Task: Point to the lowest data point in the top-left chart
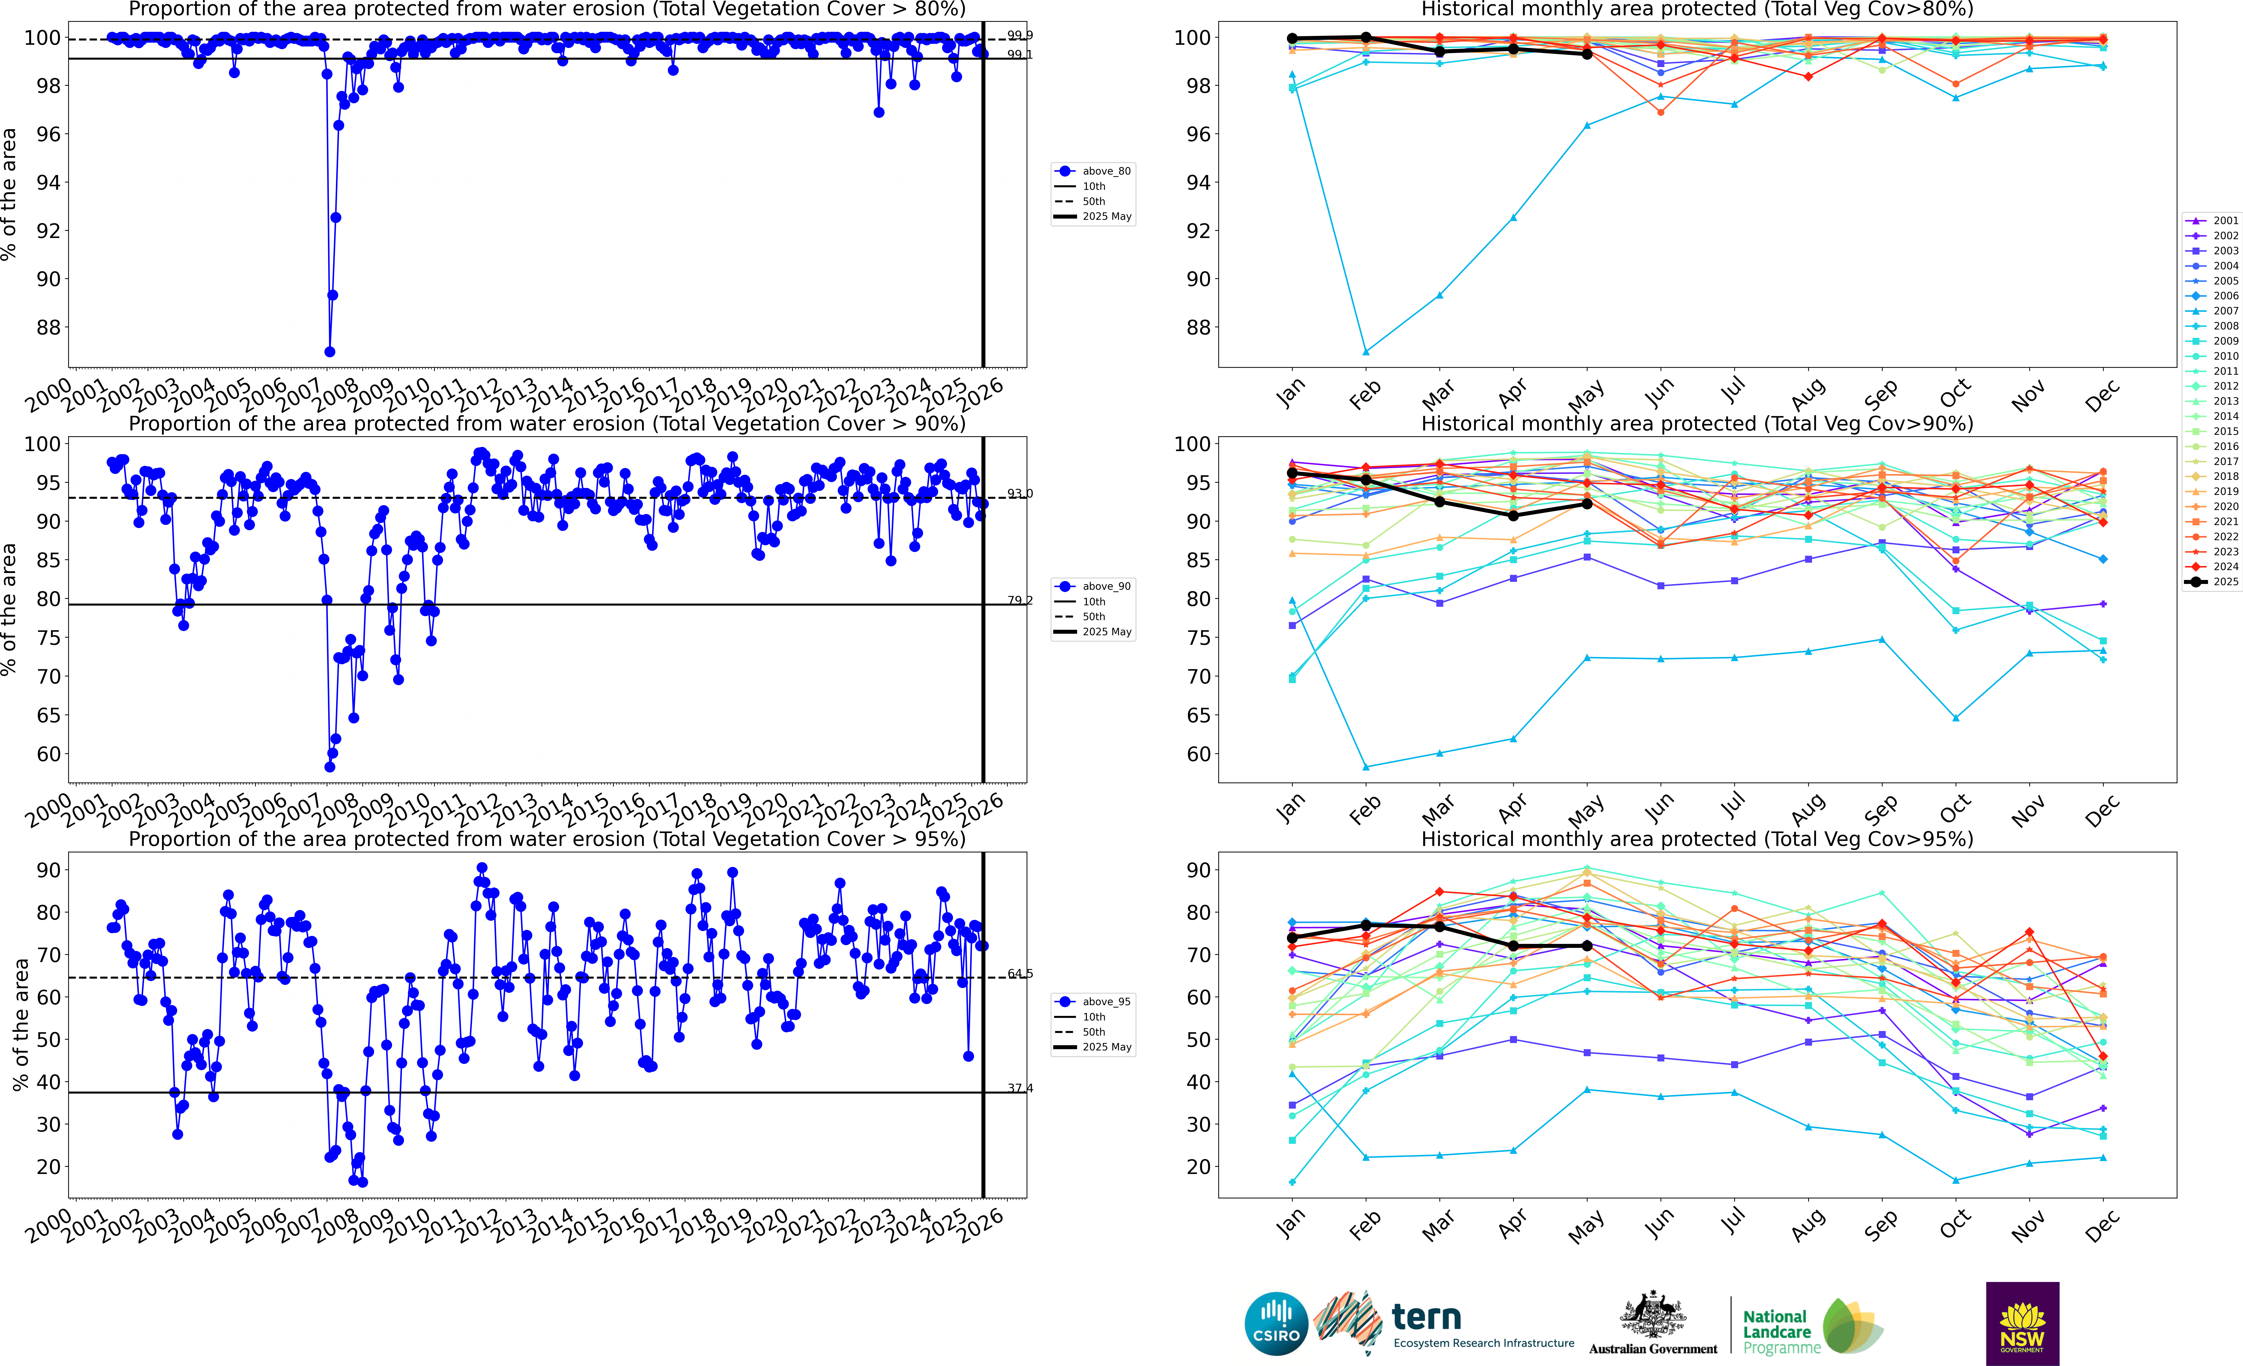[x=330, y=351]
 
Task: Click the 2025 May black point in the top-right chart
[x=1587, y=54]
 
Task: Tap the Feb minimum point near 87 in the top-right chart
[x=1365, y=351]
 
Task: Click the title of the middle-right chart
[x=1697, y=424]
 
